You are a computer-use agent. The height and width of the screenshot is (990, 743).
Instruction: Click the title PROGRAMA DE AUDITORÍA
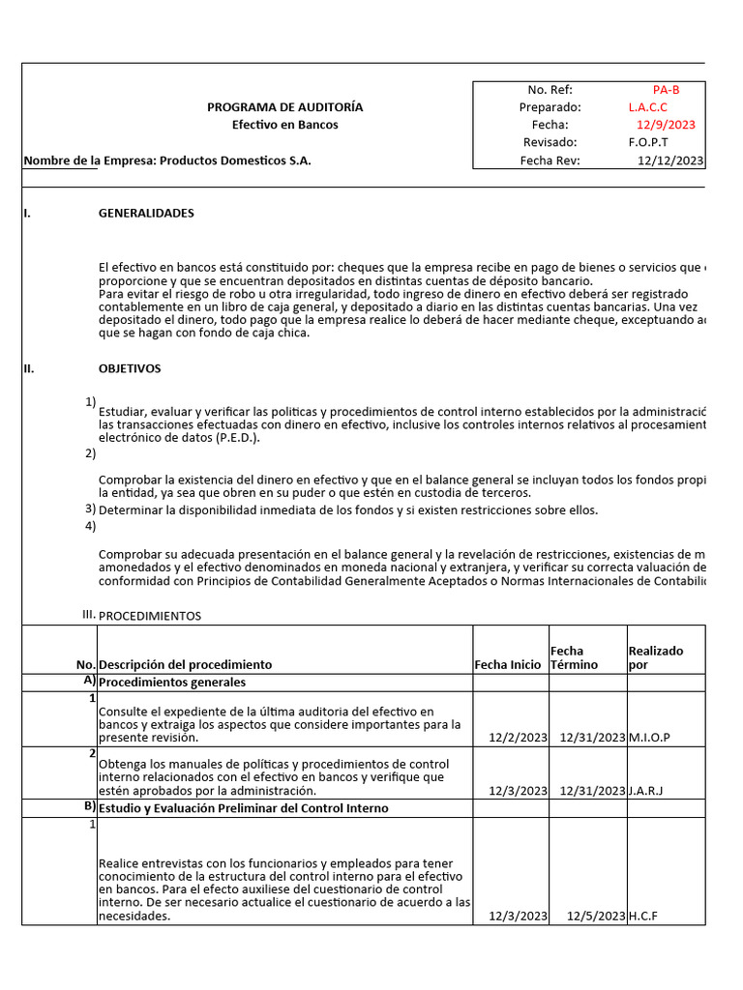[284, 107]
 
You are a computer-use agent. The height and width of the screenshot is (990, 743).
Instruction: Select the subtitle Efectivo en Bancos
[284, 125]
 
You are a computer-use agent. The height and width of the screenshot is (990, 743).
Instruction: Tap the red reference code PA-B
[666, 90]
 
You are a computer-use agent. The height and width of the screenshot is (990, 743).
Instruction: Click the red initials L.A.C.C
[647, 107]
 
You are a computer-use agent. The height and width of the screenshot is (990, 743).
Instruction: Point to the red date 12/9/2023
[666, 125]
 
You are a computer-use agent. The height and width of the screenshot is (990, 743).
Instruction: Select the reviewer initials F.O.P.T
[647, 142]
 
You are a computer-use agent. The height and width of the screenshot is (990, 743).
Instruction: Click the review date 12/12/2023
[670, 160]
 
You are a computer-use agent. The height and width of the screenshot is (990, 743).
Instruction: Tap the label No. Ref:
[550, 90]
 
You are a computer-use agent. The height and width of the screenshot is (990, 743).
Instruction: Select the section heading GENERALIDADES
[146, 213]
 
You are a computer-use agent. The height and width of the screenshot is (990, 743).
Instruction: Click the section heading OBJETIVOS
[130, 368]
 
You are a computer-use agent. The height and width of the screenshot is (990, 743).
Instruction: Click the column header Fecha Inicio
[510, 664]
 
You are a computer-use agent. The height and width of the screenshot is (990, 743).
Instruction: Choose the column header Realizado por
[655, 657]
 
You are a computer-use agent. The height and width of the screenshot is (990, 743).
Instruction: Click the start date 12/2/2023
[518, 738]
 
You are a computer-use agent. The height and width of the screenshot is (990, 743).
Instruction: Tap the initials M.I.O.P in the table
[649, 738]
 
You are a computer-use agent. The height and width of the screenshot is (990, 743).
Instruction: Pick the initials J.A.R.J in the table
[646, 790]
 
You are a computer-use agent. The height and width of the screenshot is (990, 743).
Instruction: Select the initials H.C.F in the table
[642, 916]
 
